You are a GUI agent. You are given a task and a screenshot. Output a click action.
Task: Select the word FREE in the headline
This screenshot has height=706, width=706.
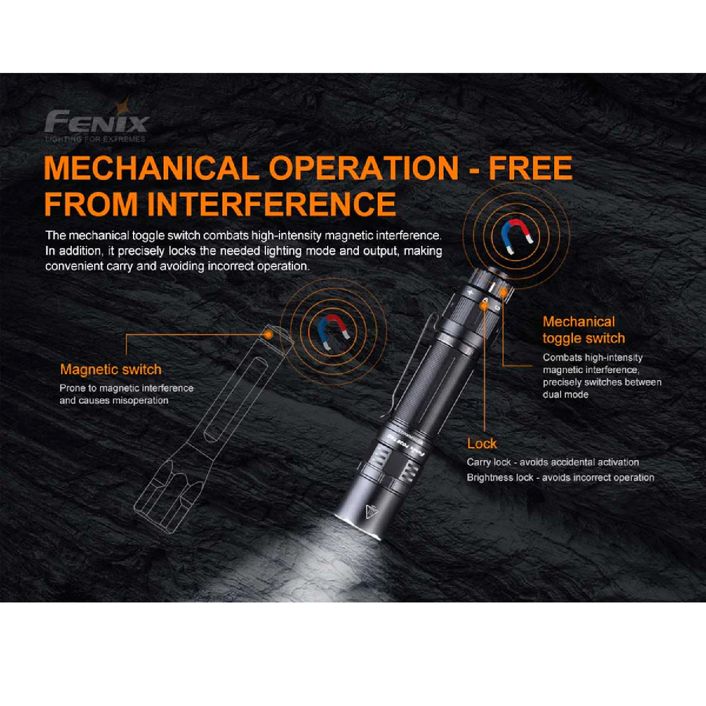tap(530, 168)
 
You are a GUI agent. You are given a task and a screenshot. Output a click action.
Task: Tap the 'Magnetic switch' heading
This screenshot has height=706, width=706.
tap(111, 369)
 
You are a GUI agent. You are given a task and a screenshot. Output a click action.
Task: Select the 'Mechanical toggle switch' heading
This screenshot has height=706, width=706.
tap(584, 330)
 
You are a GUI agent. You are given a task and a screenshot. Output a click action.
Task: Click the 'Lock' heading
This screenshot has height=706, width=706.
tap(482, 443)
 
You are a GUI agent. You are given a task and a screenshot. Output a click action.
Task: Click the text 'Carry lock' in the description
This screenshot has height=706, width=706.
tap(489, 462)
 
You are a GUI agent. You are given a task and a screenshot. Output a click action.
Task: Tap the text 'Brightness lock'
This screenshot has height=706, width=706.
tap(500, 478)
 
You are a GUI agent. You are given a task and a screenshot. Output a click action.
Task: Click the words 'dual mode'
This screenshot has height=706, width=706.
tap(565, 394)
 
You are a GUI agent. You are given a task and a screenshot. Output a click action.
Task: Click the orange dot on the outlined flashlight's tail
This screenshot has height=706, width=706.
tap(268, 334)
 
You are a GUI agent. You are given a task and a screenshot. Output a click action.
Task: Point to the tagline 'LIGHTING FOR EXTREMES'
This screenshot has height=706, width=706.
tap(95, 139)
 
